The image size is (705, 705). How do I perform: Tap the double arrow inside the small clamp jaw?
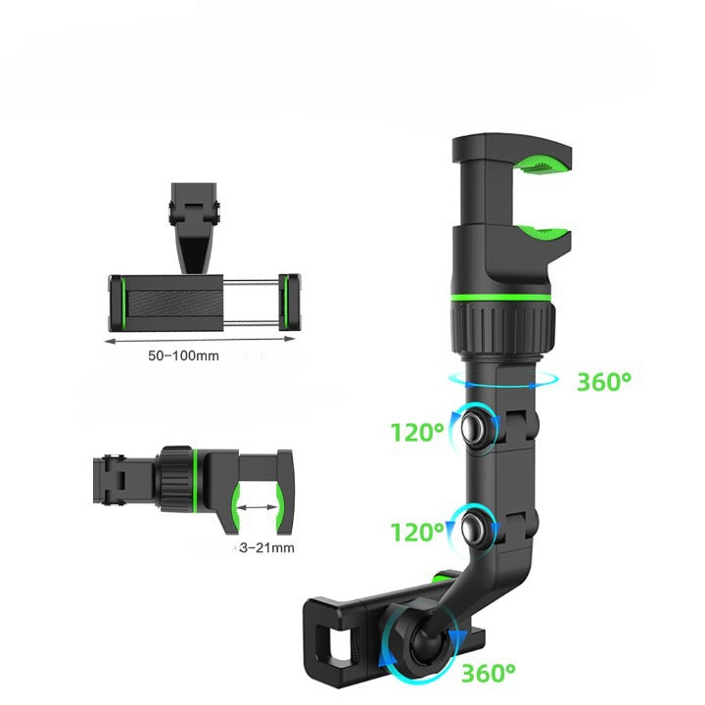[257, 507]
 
